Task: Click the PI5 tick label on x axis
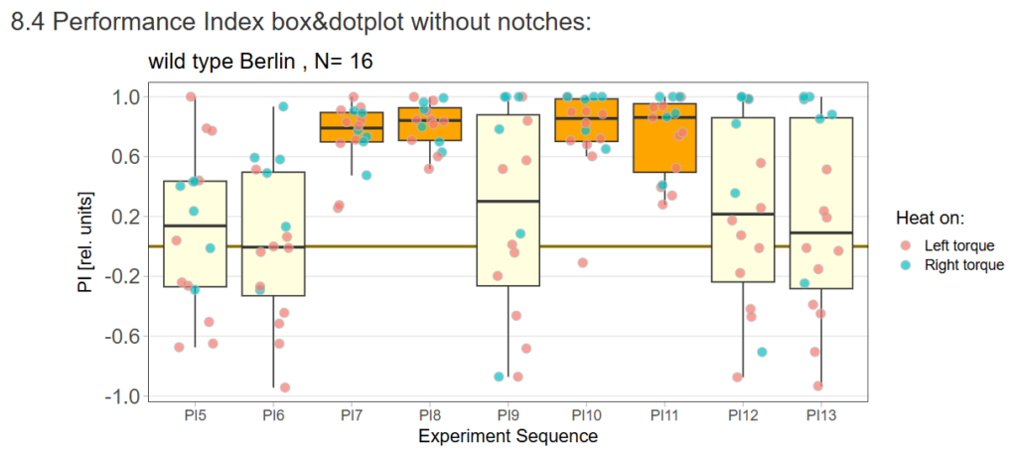(195, 413)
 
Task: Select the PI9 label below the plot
(508, 413)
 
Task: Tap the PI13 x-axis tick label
(820, 413)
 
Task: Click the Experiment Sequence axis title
(508, 435)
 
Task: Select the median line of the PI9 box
(508, 202)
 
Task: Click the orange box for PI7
(352, 127)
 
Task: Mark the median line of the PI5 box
(195, 226)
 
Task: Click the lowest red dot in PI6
(285, 387)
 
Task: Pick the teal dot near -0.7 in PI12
(762, 352)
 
